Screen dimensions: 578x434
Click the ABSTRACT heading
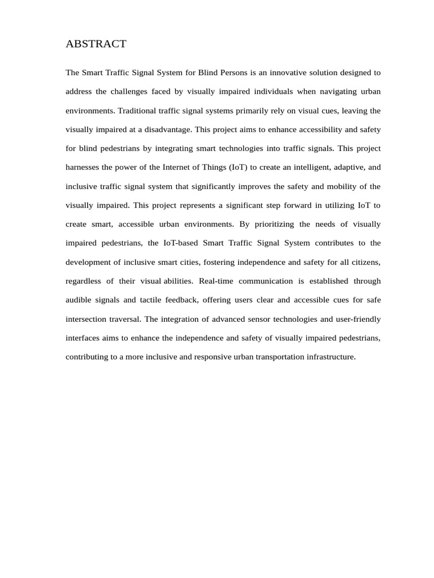click(96, 44)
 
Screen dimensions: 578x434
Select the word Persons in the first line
click(227, 73)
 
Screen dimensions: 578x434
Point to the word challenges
click(132, 92)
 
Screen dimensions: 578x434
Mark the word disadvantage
click(168, 130)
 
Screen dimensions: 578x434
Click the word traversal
click(124, 319)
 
